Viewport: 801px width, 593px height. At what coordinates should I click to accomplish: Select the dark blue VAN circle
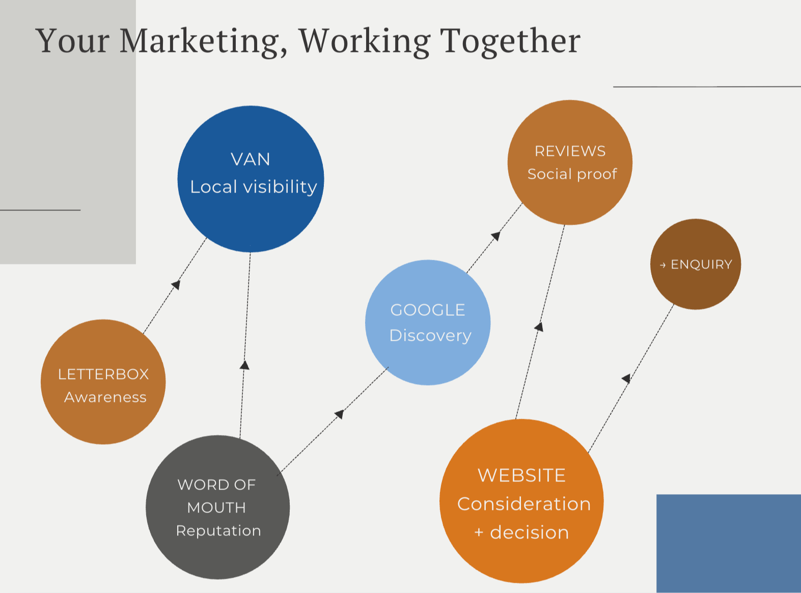pos(251,179)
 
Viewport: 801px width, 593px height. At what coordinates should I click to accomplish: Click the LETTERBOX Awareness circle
pos(103,382)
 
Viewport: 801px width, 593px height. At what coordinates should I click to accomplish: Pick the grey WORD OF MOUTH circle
pos(218,507)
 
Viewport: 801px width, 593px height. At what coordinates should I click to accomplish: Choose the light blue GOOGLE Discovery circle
pos(428,322)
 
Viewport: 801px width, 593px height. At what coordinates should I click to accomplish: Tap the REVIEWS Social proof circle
pos(570,162)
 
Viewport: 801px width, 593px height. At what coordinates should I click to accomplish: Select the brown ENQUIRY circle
pos(696,264)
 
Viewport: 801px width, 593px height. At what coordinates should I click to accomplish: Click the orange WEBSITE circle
pos(521,501)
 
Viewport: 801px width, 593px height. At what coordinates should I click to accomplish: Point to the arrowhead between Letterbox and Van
pos(176,285)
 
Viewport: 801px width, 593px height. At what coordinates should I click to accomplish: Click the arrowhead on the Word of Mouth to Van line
pos(244,365)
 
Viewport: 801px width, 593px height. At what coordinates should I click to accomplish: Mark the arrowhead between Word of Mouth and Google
pos(340,414)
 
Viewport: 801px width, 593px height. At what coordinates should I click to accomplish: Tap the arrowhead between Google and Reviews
pos(496,236)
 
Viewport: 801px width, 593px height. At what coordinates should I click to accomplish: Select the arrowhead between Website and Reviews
pos(539,327)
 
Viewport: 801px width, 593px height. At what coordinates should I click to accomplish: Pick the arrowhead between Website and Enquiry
pos(626,379)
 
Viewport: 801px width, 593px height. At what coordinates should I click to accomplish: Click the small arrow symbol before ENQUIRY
pos(662,265)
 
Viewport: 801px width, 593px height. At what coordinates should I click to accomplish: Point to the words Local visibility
pos(254,187)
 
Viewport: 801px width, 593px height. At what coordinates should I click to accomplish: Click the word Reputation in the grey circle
pos(218,531)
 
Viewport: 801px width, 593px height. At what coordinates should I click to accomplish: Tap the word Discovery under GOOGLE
pos(430,336)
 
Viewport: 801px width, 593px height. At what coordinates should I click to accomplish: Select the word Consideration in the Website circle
pos(524,504)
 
